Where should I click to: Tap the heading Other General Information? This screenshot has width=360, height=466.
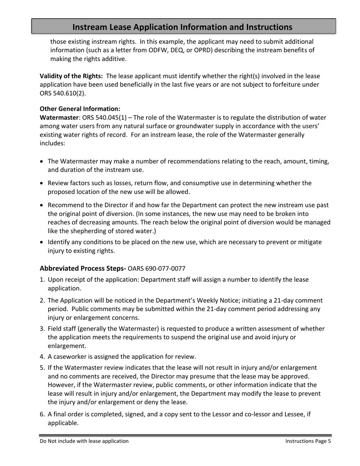click(80, 109)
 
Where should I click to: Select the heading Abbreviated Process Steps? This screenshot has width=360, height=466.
click(83, 269)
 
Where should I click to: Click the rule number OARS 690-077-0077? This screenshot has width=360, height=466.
click(157, 269)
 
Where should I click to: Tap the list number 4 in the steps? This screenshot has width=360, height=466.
click(42, 357)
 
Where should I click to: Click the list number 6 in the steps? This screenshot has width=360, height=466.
click(42, 414)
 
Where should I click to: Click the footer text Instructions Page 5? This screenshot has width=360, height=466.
click(308, 441)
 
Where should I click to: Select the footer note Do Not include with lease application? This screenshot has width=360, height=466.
click(84, 441)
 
